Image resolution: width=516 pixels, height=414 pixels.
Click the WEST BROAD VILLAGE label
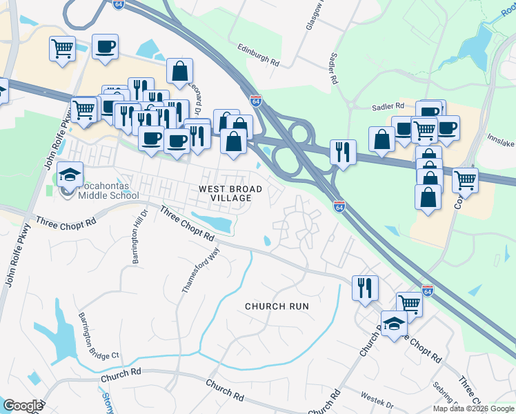pyautogui.click(x=230, y=193)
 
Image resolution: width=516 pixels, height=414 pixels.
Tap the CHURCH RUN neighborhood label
pyautogui.click(x=277, y=306)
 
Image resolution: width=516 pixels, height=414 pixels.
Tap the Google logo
pyautogui.click(x=23, y=406)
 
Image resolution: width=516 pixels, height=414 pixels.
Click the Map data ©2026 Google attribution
pyautogui.click(x=474, y=408)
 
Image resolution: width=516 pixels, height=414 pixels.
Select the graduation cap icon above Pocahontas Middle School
pyautogui.click(x=70, y=175)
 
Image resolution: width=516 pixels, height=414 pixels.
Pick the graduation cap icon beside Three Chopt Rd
pyautogui.click(x=394, y=324)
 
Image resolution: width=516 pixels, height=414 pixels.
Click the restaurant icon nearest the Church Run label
pyautogui.click(x=365, y=286)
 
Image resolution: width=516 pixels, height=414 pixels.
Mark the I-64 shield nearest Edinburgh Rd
pyautogui.click(x=255, y=101)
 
